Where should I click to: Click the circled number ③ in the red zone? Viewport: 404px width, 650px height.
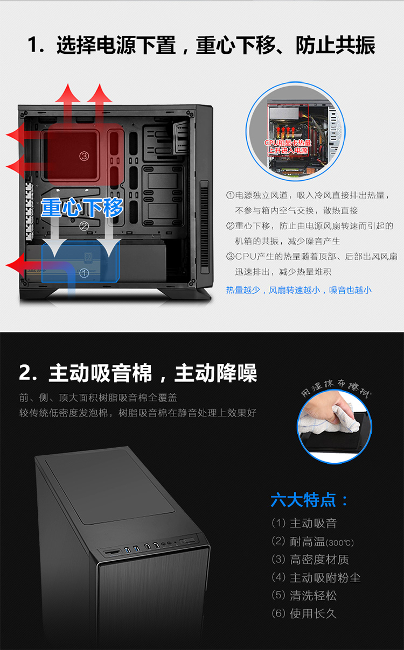click(x=84, y=157)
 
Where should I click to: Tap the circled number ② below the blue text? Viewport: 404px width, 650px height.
click(x=84, y=226)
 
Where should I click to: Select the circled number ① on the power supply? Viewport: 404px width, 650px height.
click(x=84, y=273)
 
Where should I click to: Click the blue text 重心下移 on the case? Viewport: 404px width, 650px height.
click(x=82, y=208)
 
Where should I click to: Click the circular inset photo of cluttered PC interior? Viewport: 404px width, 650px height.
click(x=296, y=131)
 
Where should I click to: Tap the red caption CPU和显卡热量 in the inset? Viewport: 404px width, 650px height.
click(x=288, y=143)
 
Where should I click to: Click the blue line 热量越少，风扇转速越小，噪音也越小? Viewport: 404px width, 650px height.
click(x=298, y=290)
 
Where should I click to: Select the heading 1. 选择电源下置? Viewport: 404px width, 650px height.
click(x=102, y=45)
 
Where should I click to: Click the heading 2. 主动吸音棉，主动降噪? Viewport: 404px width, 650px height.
click(x=138, y=373)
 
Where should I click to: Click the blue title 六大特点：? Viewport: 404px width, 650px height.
click(x=309, y=500)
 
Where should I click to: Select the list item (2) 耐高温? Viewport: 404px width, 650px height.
click(x=312, y=541)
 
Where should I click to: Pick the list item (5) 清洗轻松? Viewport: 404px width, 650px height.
click(x=304, y=596)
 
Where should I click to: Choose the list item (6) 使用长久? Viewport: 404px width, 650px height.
click(x=304, y=613)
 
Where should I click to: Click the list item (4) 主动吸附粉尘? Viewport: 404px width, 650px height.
click(x=316, y=577)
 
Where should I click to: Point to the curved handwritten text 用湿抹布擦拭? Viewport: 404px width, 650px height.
click(x=336, y=387)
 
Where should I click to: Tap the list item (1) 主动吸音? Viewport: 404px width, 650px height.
click(x=304, y=523)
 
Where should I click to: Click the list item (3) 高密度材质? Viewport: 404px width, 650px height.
click(x=310, y=560)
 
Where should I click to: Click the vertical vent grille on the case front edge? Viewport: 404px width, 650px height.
click(x=205, y=227)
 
